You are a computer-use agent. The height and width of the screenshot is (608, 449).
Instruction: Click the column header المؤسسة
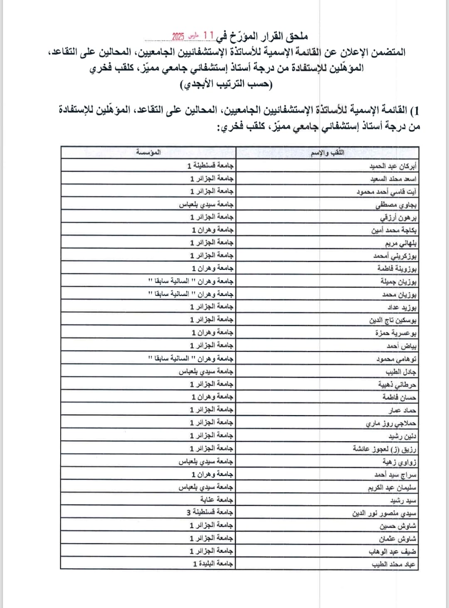point(148,153)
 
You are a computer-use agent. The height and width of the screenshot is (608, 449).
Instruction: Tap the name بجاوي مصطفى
point(396,205)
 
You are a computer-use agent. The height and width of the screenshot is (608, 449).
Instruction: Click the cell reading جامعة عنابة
point(217,499)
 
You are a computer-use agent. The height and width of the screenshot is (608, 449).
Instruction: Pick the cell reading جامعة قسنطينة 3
point(210,512)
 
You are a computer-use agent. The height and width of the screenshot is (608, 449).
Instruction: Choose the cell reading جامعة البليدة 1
point(213,564)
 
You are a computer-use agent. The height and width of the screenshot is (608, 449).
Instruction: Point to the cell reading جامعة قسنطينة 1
point(210,166)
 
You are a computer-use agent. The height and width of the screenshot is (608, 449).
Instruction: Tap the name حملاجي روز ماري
point(391,423)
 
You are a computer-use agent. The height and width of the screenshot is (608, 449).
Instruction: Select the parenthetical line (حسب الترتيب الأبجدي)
point(227,84)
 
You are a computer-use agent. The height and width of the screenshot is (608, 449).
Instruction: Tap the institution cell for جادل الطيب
point(206,371)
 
